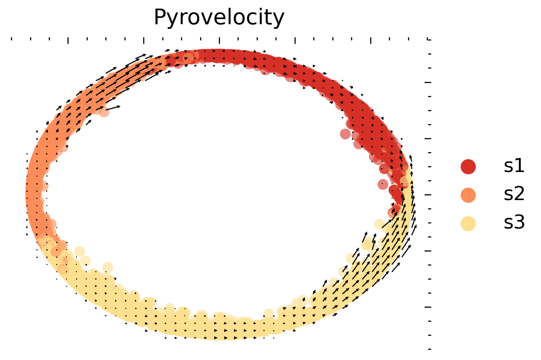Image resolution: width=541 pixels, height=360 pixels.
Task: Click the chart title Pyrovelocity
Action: pos(219,18)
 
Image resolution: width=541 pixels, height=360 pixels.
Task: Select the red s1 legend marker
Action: pos(468,167)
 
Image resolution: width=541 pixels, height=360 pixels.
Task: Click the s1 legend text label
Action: pos(514,167)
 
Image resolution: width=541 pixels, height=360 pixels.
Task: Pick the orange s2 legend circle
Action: pos(468,195)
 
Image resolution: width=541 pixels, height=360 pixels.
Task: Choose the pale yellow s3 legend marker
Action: pos(468,223)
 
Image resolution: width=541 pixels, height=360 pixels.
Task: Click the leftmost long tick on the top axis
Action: pos(68,41)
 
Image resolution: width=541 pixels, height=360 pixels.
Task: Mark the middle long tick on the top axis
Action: pos(220,41)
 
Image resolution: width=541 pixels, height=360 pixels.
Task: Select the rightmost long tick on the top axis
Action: pos(371,41)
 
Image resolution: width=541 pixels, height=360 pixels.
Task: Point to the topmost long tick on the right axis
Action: pos(428,83)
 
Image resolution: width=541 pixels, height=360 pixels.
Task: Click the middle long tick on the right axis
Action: pos(428,195)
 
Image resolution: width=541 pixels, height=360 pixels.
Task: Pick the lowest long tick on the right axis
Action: pos(428,307)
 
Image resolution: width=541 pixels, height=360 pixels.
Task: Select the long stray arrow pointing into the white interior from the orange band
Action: pos(113,107)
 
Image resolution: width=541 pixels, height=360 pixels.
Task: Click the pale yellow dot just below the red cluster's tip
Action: pos(379,224)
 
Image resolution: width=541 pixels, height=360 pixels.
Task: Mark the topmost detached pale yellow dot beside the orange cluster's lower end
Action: pos(80,252)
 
